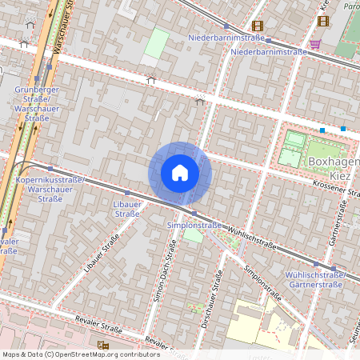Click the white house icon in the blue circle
tap(180, 173)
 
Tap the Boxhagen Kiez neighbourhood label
tap(333, 167)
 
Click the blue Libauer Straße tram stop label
tap(126, 209)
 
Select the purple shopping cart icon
tap(315, 44)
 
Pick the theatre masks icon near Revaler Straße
tap(102, 345)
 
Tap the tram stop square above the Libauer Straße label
tap(126, 193)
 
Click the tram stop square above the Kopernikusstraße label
tap(50, 169)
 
